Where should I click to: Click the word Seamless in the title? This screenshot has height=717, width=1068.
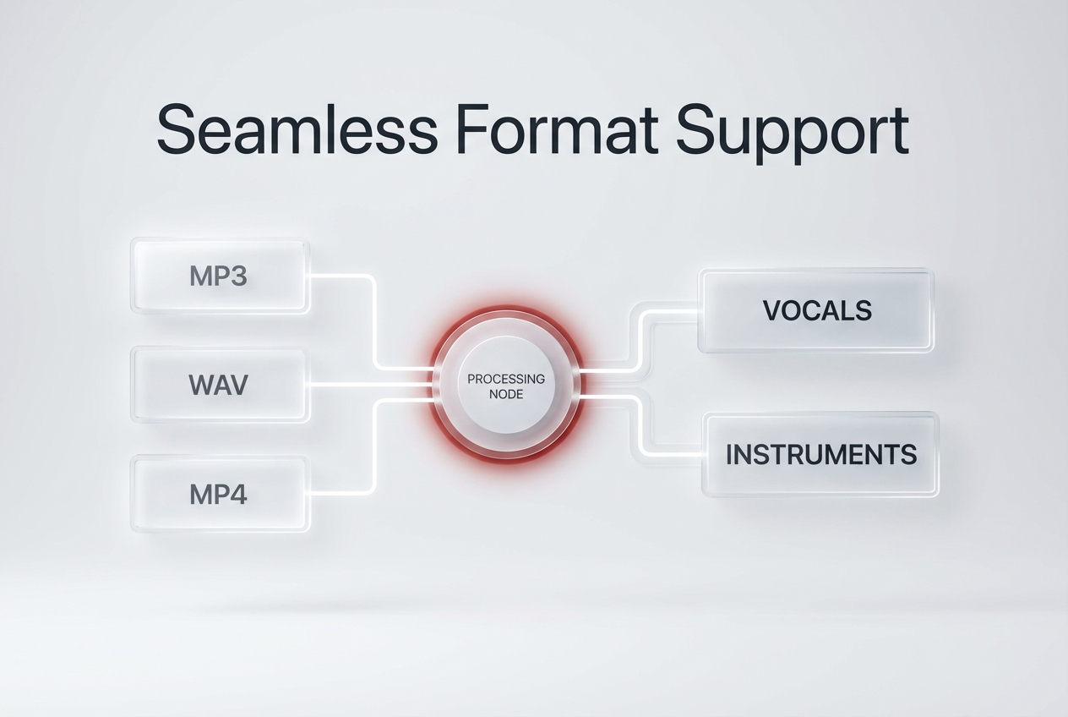(297, 130)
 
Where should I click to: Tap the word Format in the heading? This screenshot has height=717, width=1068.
(556, 130)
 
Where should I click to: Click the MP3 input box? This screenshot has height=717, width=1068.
(220, 276)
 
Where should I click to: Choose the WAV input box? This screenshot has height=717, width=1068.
(220, 385)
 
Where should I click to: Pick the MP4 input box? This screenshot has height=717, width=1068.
(220, 494)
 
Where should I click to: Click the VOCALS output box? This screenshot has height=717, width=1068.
(816, 310)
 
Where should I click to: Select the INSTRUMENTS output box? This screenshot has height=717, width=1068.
(820, 454)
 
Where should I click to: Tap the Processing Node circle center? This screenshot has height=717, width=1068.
(506, 386)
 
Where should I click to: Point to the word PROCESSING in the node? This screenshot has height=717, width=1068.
(506, 379)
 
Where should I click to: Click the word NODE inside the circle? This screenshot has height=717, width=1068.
(506, 394)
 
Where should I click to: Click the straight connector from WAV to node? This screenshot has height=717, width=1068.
(372, 385)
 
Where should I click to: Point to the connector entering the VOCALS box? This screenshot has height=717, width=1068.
(672, 311)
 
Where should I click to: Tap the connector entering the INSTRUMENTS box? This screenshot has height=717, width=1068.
(676, 455)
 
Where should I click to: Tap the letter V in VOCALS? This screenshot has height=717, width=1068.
(771, 310)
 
